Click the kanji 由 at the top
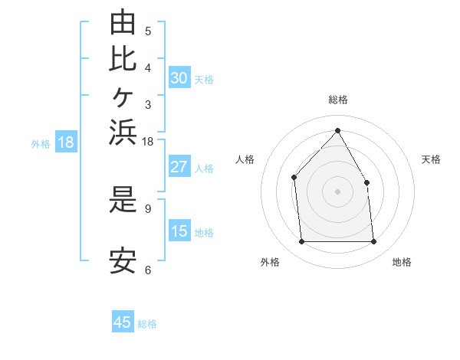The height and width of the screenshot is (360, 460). tap(123, 21)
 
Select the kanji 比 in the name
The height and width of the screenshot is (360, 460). tap(123, 59)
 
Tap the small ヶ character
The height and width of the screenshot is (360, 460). tap(123, 97)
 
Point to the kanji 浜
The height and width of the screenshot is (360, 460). tap(123, 132)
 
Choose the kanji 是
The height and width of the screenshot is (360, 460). tap(123, 199)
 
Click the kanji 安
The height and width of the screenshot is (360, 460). tap(123, 261)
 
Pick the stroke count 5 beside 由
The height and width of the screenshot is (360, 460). tap(148, 31)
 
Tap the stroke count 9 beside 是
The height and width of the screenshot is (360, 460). tap(148, 209)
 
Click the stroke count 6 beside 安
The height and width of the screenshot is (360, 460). tap(148, 270)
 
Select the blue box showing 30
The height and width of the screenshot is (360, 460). tap(179, 77)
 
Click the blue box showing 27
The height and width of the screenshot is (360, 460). tap(179, 166)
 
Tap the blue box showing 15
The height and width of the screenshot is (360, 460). tap(179, 230)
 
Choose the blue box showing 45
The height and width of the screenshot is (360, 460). tap(123, 321)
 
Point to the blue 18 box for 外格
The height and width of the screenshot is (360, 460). tap(66, 141)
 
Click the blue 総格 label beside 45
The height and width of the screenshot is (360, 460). tap(147, 324)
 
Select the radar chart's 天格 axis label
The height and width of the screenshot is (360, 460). tap(431, 159)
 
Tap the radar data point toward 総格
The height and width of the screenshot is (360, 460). tap(337, 130)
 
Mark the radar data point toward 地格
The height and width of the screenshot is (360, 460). tap(373, 241)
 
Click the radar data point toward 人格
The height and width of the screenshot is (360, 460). tap(294, 178)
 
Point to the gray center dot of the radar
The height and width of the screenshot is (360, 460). tap(337, 191)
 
